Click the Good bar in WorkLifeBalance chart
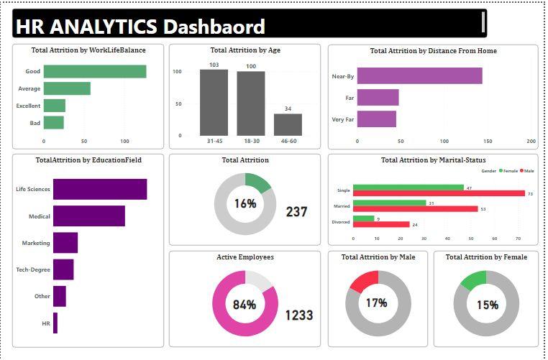click(x=95, y=71)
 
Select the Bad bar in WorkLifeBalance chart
click(x=54, y=123)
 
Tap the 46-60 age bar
click(x=288, y=124)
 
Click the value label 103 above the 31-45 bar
click(x=214, y=65)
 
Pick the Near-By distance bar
click(x=419, y=76)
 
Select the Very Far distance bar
click(x=376, y=119)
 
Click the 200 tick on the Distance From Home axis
click(x=531, y=141)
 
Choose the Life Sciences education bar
click(x=100, y=189)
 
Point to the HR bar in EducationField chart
click(x=55, y=323)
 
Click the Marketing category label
click(x=36, y=243)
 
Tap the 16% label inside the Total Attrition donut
click(x=245, y=203)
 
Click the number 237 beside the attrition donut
click(x=296, y=212)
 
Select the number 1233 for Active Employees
click(x=298, y=315)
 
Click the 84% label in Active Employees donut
click(x=245, y=305)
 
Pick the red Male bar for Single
click(x=439, y=193)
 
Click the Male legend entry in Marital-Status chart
click(x=527, y=172)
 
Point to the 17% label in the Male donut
click(x=376, y=303)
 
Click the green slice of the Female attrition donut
click(x=474, y=279)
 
